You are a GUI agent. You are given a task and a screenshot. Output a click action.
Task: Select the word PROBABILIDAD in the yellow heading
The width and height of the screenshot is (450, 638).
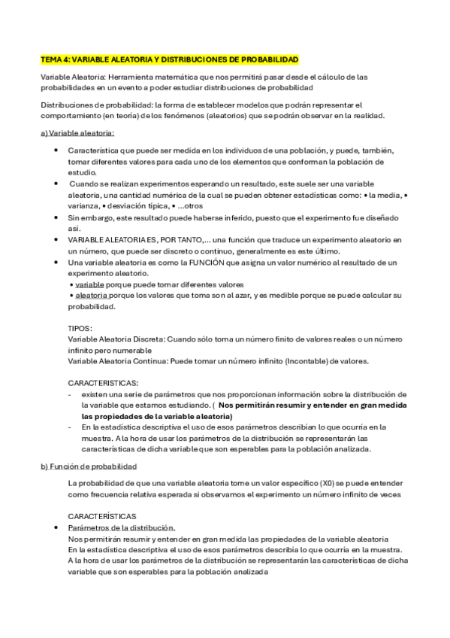(270, 58)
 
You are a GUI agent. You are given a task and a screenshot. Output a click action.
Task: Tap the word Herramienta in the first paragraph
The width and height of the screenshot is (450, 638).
(131, 77)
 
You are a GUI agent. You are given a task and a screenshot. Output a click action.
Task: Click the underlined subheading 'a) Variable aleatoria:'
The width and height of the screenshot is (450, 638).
(77, 132)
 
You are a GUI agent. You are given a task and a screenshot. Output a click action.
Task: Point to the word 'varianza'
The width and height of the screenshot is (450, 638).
(83, 205)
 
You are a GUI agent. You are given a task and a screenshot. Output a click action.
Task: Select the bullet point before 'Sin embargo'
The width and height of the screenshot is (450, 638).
(57, 217)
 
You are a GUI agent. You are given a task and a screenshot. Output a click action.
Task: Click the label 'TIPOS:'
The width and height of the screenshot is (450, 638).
(80, 328)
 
